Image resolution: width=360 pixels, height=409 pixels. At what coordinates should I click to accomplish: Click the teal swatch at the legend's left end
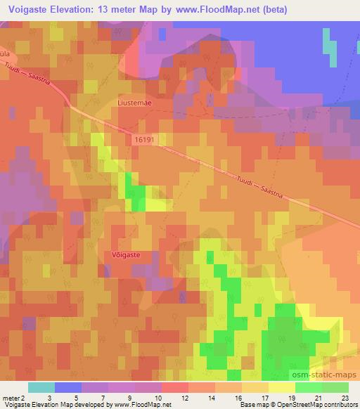tap(41, 387)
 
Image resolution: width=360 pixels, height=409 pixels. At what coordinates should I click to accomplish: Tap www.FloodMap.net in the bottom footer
tap(141, 405)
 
